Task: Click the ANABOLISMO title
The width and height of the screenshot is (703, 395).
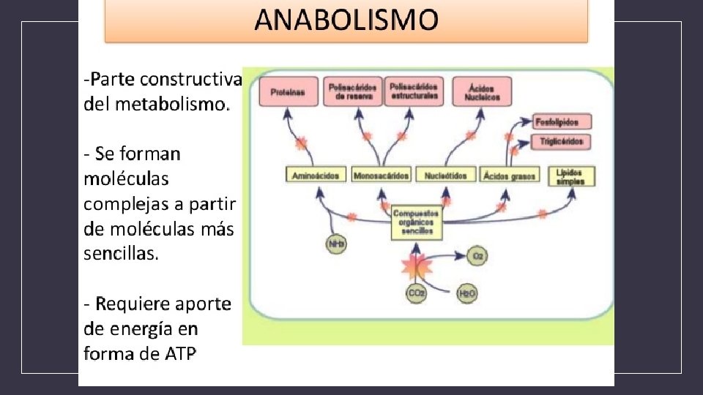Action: tap(346, 20)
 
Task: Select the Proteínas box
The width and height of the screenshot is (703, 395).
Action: tap(288, 92)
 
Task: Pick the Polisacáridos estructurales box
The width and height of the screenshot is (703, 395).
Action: tap(414, 91)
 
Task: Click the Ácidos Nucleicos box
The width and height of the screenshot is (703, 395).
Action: tap(482, 92)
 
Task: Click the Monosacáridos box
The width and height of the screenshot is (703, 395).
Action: tap(382, 176)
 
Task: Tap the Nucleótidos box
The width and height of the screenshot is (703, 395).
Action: tap(446, 176)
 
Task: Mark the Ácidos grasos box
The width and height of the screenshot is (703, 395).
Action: tap(510, 176)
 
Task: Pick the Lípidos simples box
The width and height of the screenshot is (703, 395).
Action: tap(570, 176)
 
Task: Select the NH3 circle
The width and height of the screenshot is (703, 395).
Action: tap(336, 244)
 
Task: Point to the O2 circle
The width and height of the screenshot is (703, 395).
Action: tap(477, 256)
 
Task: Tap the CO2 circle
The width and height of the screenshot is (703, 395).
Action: tap(416, 293)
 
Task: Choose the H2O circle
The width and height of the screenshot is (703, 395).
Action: tap(466, 294)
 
